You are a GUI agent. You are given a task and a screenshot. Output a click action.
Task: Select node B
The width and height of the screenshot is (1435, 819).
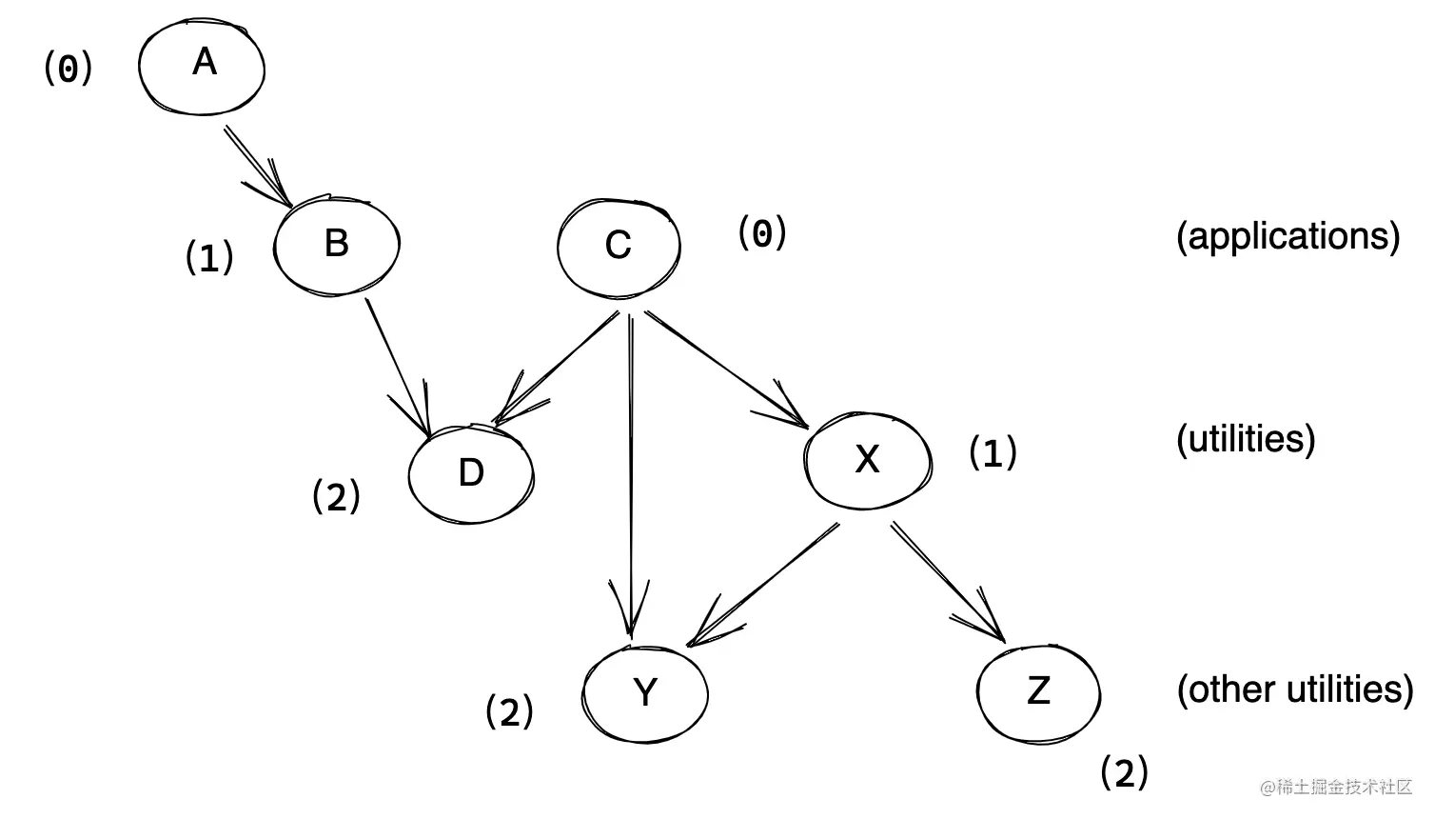click(336, 246)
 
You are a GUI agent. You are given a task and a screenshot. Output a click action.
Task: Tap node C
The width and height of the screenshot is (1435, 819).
click(619, 247)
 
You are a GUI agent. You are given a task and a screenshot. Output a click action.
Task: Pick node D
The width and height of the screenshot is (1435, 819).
click(471, 473)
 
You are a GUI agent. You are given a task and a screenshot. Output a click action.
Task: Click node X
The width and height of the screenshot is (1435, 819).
click(867, 461)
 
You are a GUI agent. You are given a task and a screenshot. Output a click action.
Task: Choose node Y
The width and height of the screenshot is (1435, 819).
click(645, 692)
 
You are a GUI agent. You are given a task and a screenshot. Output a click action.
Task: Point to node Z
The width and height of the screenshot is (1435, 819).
click(1038, 691)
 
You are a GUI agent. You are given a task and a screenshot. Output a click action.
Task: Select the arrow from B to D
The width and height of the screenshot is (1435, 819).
click(398, 367)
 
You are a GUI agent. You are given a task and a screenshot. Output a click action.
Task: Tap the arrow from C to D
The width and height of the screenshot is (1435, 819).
click(557, 367)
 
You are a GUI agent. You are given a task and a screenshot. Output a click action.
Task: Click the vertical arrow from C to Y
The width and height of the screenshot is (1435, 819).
click(630, 476)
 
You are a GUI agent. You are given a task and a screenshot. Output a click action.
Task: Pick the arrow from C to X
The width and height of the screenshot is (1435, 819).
click(725, 367)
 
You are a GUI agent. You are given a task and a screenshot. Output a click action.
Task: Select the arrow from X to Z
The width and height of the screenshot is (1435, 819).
click(947, 581)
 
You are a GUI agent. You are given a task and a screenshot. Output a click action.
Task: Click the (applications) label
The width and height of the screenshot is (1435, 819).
click(1288, 236)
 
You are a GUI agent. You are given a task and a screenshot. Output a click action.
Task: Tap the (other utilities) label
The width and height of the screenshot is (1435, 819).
click(1294, 689)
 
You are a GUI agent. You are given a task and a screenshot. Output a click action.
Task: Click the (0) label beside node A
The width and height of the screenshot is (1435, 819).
click(69, 69)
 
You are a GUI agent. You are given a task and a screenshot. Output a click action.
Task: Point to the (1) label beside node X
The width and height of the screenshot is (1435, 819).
click(993, 452)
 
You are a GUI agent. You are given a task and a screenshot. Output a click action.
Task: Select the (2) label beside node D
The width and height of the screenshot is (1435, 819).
click(336, 496)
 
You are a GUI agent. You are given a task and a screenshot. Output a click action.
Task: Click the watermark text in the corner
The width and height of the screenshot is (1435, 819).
click(1336, 787)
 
